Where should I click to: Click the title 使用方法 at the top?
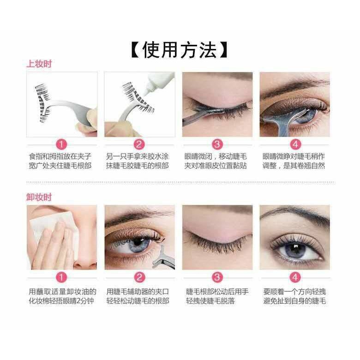coord(180,50)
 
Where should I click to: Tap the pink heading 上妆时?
coord(39,64)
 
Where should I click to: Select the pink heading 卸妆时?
coord(39,197)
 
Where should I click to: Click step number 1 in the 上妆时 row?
coord(61,144)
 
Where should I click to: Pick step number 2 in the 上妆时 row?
coord(139,144)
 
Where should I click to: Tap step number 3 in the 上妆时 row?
coord(217,144)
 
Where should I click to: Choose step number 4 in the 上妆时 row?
coord(295,144)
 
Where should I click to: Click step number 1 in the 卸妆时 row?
coord(61,277)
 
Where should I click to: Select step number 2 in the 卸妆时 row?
coord(139,277)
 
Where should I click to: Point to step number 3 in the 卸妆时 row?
coord(217,277)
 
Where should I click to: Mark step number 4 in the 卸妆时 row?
coord(295,277)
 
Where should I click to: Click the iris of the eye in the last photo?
coord(295,251)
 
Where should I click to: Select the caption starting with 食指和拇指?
coord(60,161)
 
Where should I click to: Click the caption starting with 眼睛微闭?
coord(216,161)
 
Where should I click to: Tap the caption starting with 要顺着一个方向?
coord(294,296)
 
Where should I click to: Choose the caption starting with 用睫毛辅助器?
coord(138,296)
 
